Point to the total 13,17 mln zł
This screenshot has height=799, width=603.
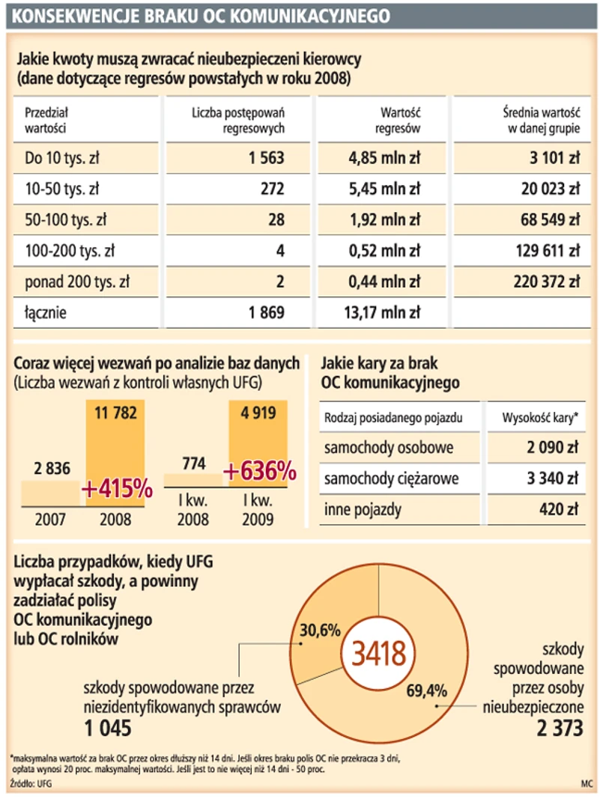(x=382, y=314)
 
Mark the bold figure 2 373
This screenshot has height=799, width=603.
(x=557, y=728)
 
